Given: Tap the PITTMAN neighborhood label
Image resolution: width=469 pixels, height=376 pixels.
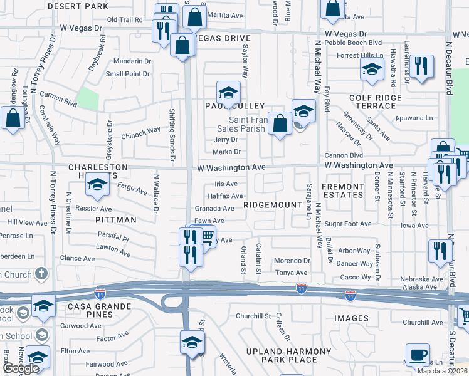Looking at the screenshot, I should point(116,220).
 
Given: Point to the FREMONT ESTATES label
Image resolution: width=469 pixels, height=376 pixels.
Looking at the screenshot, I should point(342,191).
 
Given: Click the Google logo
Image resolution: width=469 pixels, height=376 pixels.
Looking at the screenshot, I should point(20,368).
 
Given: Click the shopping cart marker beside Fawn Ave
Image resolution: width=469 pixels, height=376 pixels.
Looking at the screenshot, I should point(206,236).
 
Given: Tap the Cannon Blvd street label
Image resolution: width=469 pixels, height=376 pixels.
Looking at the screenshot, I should point(344,155).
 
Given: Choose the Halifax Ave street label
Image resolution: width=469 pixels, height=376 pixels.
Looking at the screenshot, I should point(225,196).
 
